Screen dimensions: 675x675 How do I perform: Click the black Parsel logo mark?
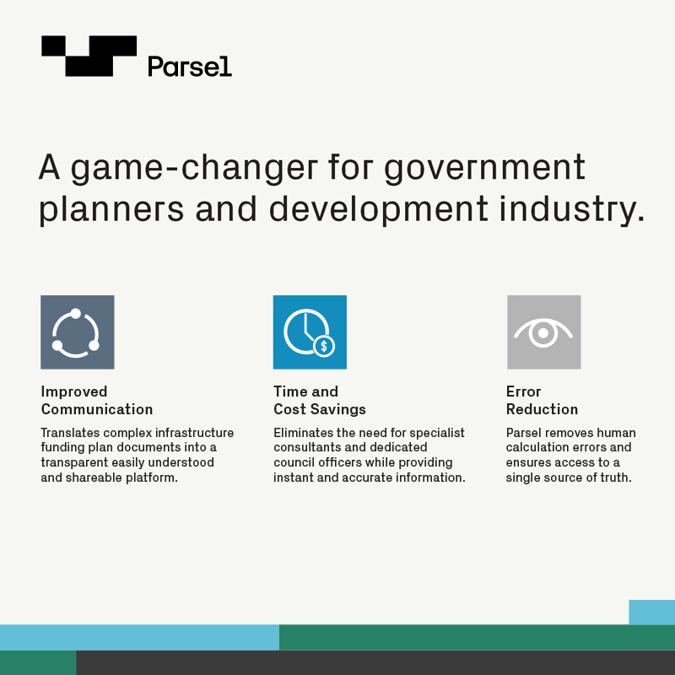point(89,56)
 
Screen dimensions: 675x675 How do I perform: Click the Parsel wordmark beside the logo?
point(190,67)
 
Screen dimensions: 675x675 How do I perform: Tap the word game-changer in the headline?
point(194,169)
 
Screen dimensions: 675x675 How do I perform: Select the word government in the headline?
point(484,169)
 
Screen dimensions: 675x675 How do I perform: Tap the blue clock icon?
point(310,332)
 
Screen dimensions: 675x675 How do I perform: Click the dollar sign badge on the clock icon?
point(324,346)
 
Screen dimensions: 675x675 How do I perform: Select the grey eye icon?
point(543,332)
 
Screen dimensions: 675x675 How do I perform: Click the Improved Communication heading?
point(97,400)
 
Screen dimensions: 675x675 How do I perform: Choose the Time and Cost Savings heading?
point(320,400)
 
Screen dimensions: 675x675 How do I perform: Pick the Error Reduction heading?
point(542,400)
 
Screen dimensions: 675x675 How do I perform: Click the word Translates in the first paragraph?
point(70,433)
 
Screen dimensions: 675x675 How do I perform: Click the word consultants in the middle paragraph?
point(304,447)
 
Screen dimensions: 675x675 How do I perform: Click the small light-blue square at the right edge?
point(651,612)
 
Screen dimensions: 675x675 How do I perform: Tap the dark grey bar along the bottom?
point(375,662)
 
